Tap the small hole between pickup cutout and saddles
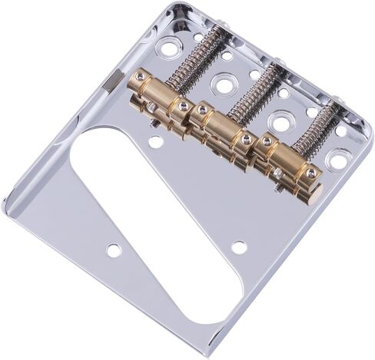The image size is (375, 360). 156,142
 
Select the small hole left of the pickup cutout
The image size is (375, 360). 114,249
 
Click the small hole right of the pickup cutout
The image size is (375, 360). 240,247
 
